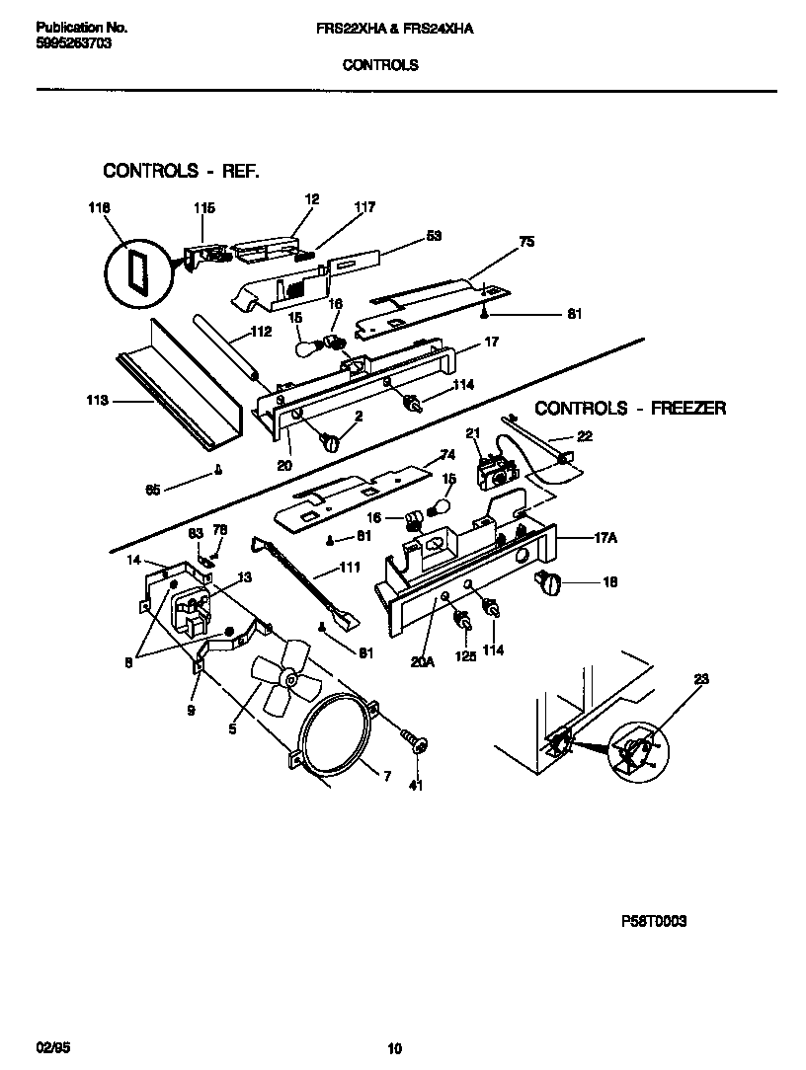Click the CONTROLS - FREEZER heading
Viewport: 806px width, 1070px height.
tap(630, 408)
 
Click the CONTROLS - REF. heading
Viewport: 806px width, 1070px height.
tap(182, 171)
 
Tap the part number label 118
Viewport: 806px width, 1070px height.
tap(99, 208)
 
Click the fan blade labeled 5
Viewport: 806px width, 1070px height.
tap(281, 674)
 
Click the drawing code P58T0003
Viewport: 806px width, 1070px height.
tap(653, 921)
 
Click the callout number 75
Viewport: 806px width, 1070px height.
tap(526, 241)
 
